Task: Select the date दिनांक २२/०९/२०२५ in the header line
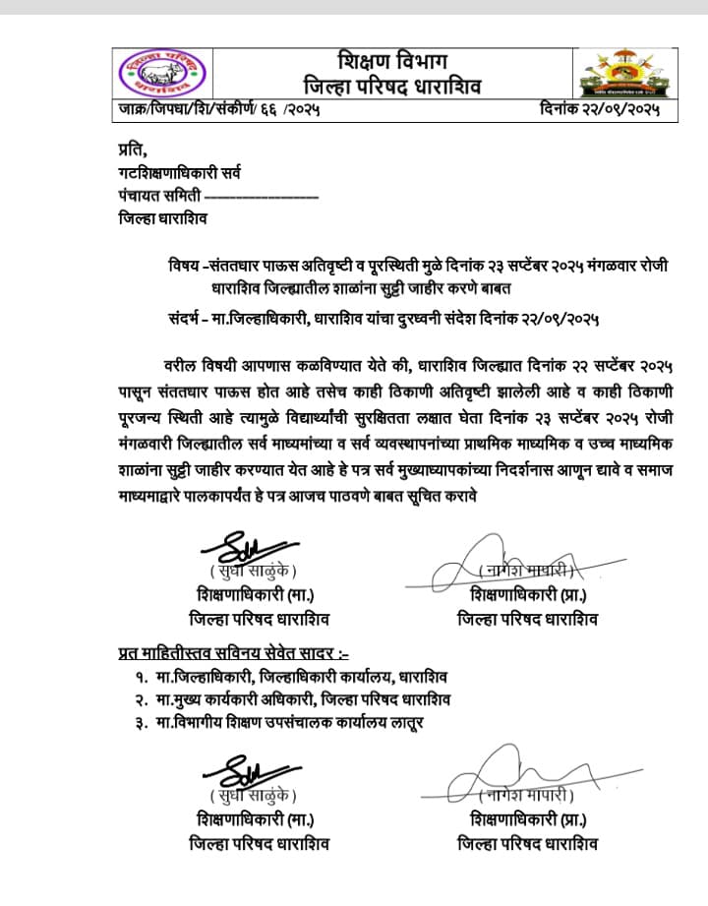(x=599, y=110)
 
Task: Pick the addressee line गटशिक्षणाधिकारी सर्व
(x=178, y=173)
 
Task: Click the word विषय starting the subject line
(x=184, y=267)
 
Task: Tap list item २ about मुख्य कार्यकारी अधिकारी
(x=292, y=699)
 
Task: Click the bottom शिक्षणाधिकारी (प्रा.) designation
(x=528, y=820)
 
